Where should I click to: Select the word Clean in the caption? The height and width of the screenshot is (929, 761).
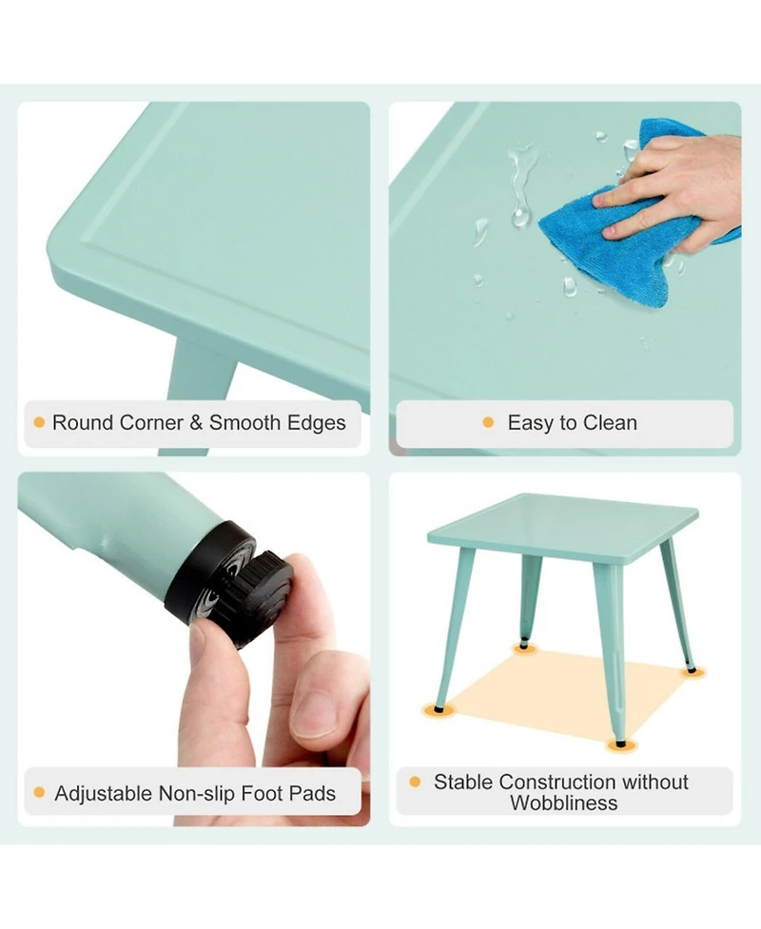pyautogui.click(x=610, y=422)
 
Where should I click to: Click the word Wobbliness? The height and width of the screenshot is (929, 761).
pyautogui.click(x=564, y=803)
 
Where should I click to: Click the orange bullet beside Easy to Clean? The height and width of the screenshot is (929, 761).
pyautogui.click(x=488, y=422)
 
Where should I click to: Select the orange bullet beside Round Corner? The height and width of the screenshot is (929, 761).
pyautogui.click(x=39, y=422)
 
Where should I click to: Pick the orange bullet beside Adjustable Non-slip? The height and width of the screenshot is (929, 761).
pyautogui.click(x=40, y=792)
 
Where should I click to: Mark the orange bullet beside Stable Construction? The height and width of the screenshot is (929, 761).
pyautogui.click(x=415, y=782)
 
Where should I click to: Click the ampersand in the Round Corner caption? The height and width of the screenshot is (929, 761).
pyautogui.click(x=196, y=422)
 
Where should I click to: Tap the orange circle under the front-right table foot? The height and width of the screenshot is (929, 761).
pyautogui.click(x=620, y=745)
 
